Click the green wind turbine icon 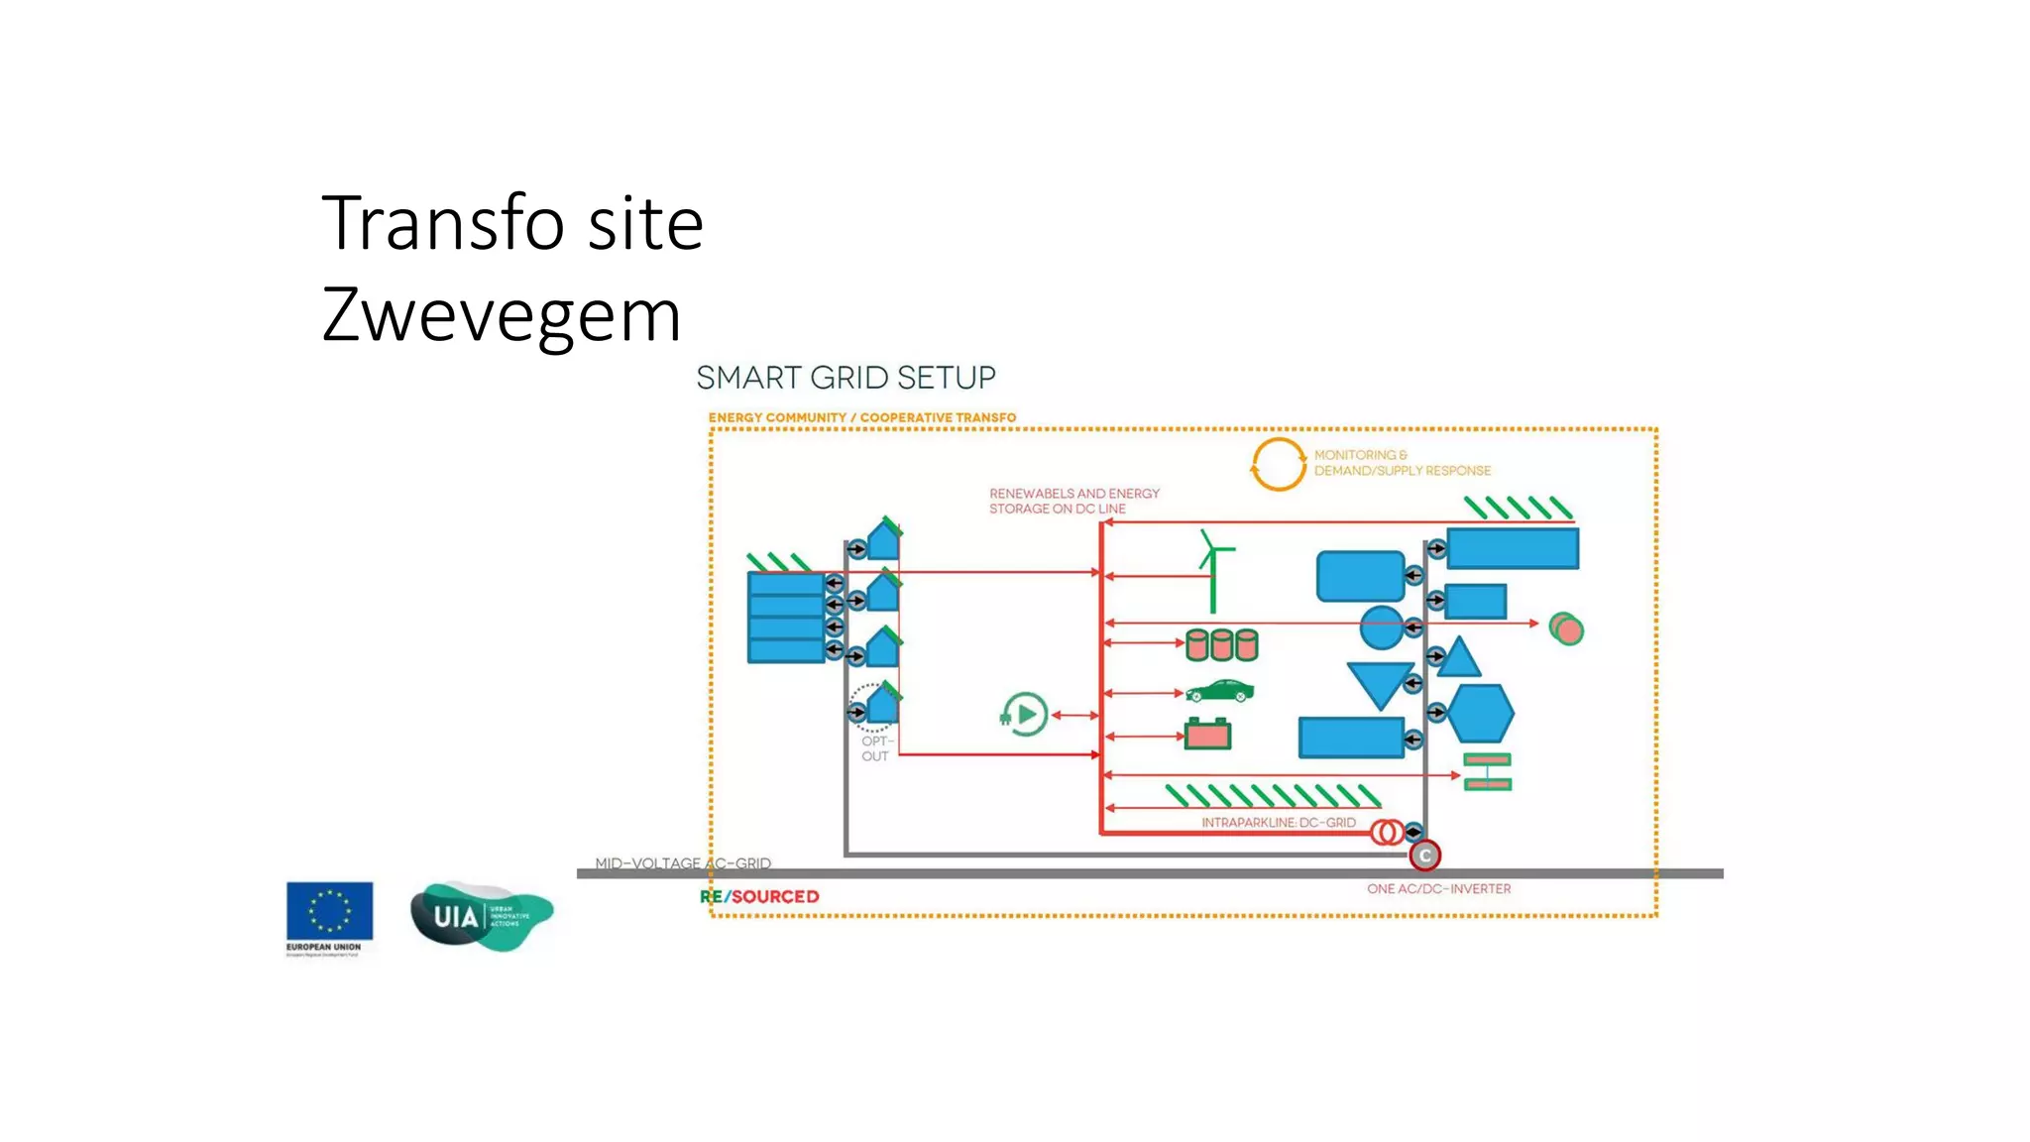click(x=1213, y=570)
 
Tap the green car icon click(x=1219, y=691)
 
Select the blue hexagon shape click(x=1480, y=713)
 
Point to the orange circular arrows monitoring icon click(x=1278, y=464)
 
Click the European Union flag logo click(x=329, y=911)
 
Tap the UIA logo click(x=482, y=915)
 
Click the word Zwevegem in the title click(x=502, y=315)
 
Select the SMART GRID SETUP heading click(x=846, y=378)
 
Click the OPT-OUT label click(x=875, y=748)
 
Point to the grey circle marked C click(x=1424, y=856)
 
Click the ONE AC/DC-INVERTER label click(x=1438, y=889)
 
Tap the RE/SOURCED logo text click(x=759, y=897)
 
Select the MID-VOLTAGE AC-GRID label click(x=682, y=863)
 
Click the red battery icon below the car click(x=1207, y=734)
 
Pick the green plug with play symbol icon click(x=1024, y=714)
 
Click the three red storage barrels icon click(x=1221, y=645)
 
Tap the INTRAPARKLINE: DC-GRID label click(x=1278, y=823)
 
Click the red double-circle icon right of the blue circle click(x=1566, y=629)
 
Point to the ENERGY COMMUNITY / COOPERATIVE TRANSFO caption click(x=861, y=417)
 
